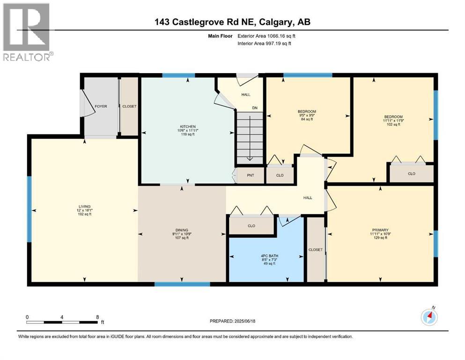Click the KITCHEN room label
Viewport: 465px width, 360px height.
pyautogui.click(x=188, y=127)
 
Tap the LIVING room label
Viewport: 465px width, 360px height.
pyautogui.click(x=84, y=206)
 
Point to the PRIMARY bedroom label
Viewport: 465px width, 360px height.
pyautogui.click(x=380, y=230)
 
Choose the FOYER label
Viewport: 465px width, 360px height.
pyautogui.click(x=101, y=106)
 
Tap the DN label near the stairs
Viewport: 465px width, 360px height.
pyautogui.click(x=255, y=108)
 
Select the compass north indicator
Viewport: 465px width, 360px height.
pyautogui.click(x=429, y=317)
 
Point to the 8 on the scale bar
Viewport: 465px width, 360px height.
pyautogui.click(x=96, y=317)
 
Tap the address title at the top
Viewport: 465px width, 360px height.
pyautogui.click(x=232, y=22)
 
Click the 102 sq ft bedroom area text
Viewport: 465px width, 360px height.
pyautogui.click(x=393, y=125)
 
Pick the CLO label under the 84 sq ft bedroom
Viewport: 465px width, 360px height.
pyautogui.click(x=280, y=175)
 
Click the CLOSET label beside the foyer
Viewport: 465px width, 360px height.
pyautogui.click(x=129, y=106)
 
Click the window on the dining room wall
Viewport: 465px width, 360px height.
pyautogui.click(x=182, y=284)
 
